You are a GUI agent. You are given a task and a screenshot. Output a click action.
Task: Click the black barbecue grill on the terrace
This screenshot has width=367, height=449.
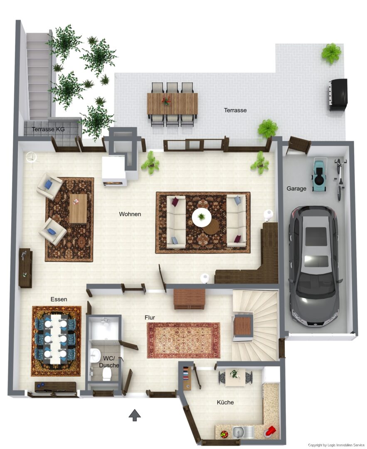pos(338,94)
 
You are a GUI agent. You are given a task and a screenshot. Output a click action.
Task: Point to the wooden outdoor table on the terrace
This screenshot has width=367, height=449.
pos(172,103)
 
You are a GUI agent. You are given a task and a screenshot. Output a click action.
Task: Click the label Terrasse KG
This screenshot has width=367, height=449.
pos(48,129)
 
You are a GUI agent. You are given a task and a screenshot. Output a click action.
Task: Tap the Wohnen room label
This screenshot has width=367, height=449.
pos(130,214)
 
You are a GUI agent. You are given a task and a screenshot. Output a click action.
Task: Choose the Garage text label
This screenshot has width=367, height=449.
pos(296,188)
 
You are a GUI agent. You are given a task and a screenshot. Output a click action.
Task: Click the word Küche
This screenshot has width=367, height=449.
pos(225,402)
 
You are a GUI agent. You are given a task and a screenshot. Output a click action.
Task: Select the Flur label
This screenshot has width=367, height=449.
pos(150,317)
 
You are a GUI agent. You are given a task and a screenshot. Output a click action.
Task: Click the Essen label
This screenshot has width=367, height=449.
pos(59,299)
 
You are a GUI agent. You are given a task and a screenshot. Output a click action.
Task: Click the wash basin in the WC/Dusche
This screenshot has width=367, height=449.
pos(94,355)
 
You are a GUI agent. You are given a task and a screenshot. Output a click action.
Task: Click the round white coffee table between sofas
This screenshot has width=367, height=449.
pos(202,217)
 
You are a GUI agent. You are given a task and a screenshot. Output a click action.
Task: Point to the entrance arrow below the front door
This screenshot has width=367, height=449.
pos(135,415)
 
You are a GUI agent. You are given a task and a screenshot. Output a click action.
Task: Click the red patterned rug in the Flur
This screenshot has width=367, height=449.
pos(183,340)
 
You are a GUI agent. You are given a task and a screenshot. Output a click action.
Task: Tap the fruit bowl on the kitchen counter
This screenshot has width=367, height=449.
pos(224,434)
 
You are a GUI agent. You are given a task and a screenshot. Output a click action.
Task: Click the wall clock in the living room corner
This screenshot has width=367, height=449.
pos(31,157)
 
